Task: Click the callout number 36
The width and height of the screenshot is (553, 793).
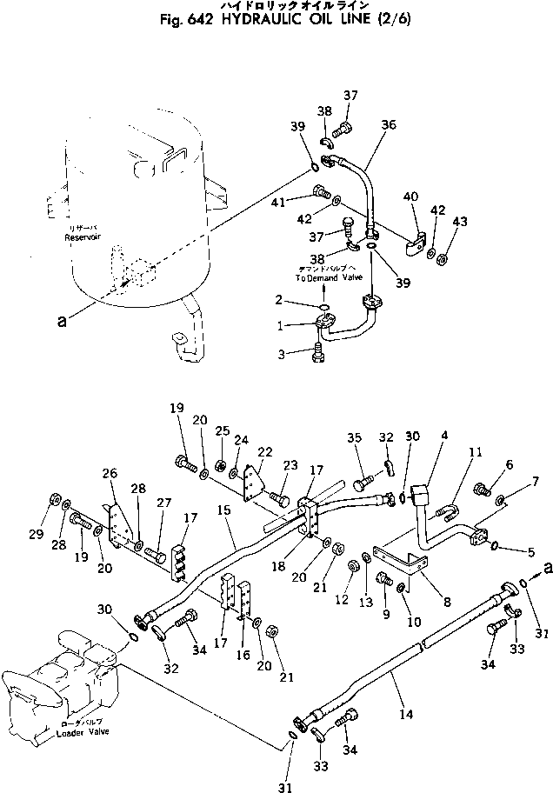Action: click(x=387, y=124)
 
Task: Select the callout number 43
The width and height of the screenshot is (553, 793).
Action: click(x=457, y=223)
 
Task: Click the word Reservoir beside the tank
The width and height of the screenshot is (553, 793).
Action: click(x=83, y=237)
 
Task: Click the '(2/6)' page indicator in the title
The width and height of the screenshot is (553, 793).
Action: click(x=394, y=20)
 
